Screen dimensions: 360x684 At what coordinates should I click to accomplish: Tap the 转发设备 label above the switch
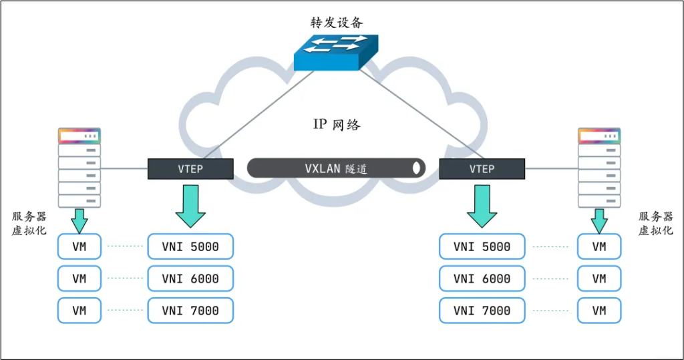[337, 22]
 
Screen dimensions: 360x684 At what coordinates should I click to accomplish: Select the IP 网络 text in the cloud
[337, 124]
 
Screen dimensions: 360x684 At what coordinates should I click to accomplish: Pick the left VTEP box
[190, 168]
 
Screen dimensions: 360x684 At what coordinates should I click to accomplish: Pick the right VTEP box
[482, 168]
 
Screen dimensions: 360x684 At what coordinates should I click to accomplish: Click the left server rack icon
[79, 168]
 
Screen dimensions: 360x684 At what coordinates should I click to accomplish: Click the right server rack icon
[599, 168]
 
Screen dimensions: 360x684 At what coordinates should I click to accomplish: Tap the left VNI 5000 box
[190, 246]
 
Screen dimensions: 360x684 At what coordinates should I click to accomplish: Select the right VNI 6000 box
[482, 279]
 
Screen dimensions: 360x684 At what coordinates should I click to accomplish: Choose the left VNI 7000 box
[190, 311]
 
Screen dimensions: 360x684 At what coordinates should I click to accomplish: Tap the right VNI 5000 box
[482, 246]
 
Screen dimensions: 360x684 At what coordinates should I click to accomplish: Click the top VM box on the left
[79, 246]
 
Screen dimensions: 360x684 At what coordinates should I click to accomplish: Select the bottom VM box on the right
[599, 311]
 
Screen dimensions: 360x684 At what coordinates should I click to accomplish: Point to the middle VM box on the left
[79, 279]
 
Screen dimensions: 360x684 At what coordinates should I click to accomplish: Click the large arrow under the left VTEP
[190, 206]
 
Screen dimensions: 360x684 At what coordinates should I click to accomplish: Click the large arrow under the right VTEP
[482, 206]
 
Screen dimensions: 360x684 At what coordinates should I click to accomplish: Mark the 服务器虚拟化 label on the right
[655, 223]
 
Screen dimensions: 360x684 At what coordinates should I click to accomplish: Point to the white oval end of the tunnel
[417, 168]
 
